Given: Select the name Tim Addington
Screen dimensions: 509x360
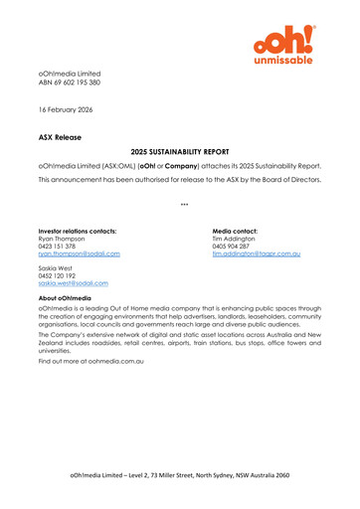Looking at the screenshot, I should [239, 240].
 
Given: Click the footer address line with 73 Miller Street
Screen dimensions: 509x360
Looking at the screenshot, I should [179, 476].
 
